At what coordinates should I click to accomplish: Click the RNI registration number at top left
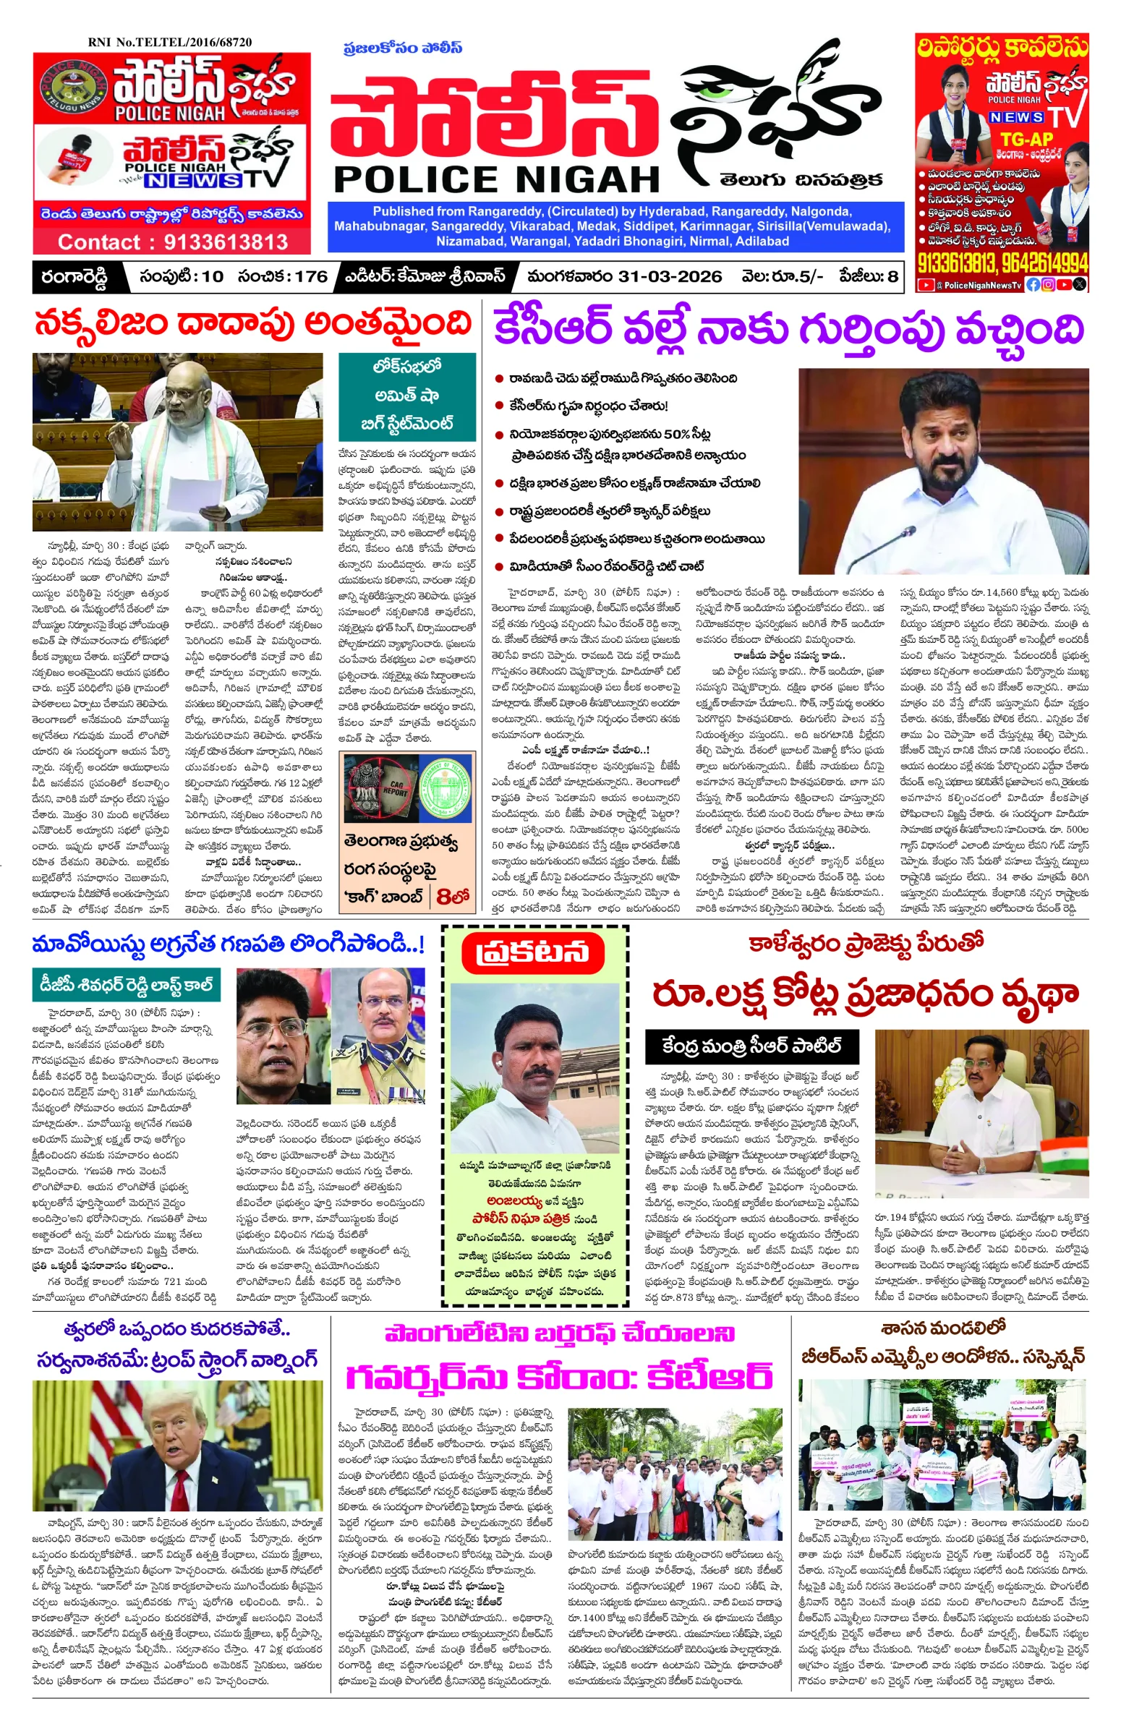tap(169, 42)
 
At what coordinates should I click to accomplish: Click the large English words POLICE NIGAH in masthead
tap(497, 179)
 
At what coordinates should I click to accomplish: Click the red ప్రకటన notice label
tap(533, 952)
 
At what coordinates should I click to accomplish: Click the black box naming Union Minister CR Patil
tap(751, 1046)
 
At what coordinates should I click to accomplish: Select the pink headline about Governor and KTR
tap(558, 1375)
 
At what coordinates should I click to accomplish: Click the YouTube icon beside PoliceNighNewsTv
tap(925, 286)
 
